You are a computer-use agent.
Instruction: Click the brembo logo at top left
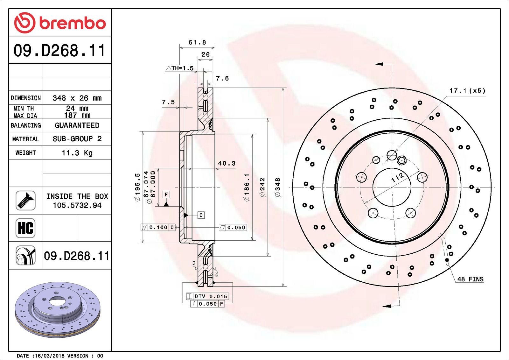(x=60, y=23)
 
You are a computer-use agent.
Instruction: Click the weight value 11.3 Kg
(x=77, y=153)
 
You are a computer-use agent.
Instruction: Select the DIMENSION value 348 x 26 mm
(x=77, y=98)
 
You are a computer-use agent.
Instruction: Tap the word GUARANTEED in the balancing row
(x=77, y=125)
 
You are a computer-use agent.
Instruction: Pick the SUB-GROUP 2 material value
(x=77, y=139)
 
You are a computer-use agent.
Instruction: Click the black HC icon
(x=25, y=228)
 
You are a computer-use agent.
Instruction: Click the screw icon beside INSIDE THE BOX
(x=25, y=201)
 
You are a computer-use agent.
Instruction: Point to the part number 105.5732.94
(x=77, y=206)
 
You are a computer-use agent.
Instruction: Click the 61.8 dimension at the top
(x=197, y=43)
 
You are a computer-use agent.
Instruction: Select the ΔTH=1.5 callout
(x=180, y=68)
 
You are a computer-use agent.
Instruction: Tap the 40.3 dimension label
(x=227, y=164)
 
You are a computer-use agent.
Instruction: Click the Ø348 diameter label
(x=278, y=187)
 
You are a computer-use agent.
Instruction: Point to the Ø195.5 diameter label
(x=137, y=187)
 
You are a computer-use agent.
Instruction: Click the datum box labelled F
(x=166, y=194)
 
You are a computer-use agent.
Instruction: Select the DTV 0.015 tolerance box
(x=211, y=296)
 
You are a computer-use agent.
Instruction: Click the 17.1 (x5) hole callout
(x=467, y=91)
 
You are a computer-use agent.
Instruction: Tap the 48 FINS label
(x=470, y=279)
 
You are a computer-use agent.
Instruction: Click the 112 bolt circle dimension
(x=398, y=178)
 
